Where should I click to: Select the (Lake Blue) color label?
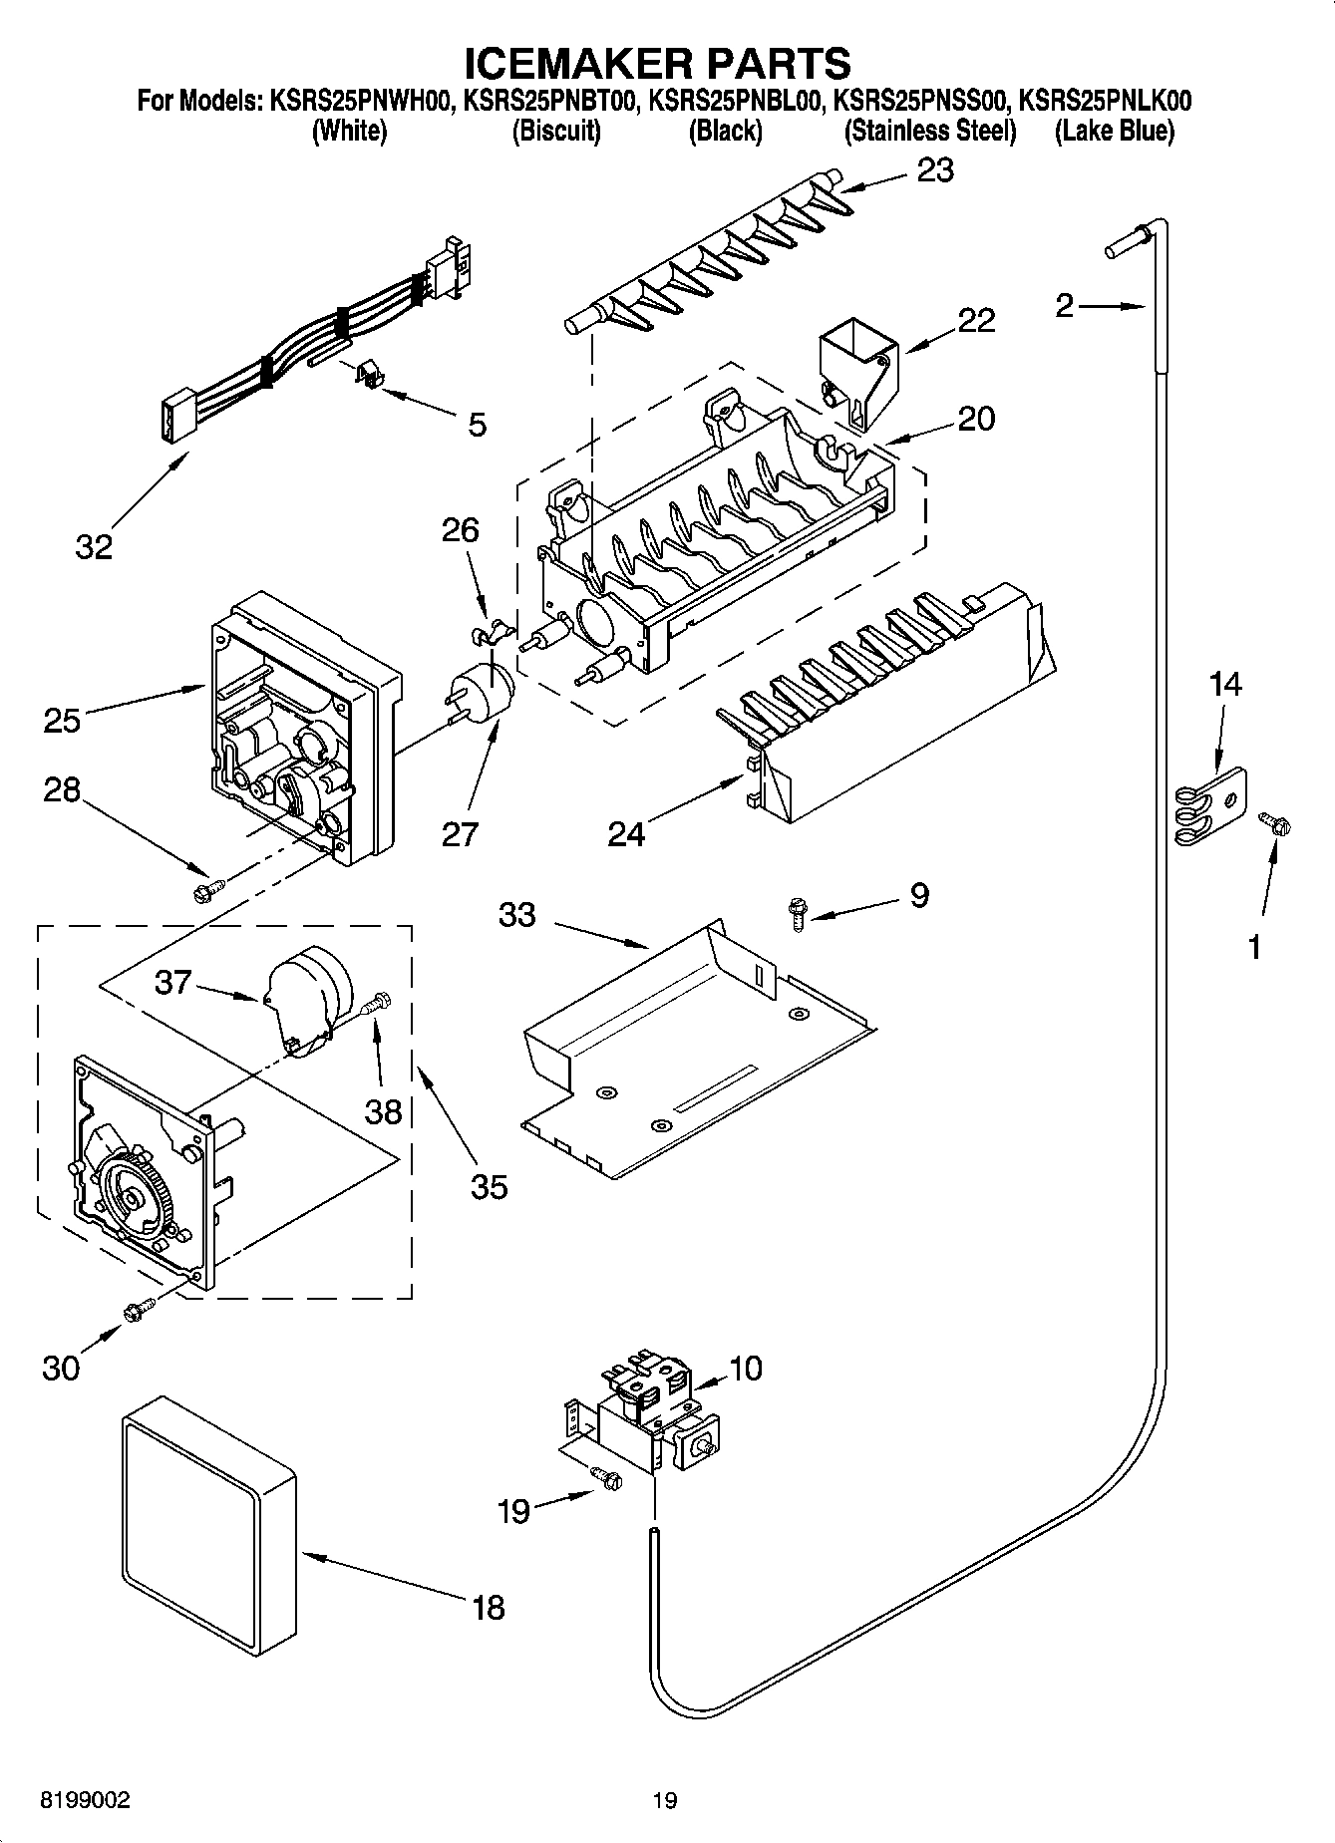click(1115, 132)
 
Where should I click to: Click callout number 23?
click(934, 170)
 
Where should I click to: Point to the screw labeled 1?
click(1275, 823)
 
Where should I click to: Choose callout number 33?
click(516, 914)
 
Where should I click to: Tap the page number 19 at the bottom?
click(665, 1801)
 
